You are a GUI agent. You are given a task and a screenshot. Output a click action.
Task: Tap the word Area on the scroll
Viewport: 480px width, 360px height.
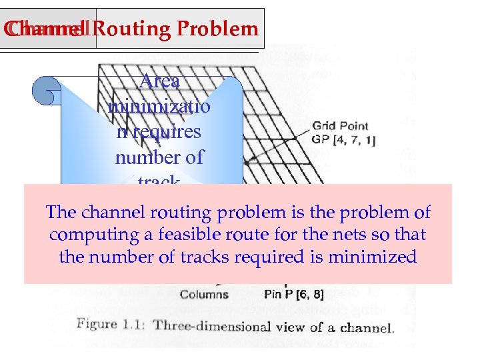click(x=160, y=81)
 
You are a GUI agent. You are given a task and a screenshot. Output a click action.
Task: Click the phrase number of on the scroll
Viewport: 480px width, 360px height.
click(x=159, y=157)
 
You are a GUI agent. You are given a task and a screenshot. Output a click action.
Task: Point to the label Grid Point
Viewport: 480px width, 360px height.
click(x=340, y=126)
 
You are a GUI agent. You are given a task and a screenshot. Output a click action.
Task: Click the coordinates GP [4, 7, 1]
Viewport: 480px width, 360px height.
click(x=343, y=139)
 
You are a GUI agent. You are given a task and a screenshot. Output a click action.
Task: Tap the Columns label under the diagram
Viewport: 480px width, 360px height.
click(x=204, y=294)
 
